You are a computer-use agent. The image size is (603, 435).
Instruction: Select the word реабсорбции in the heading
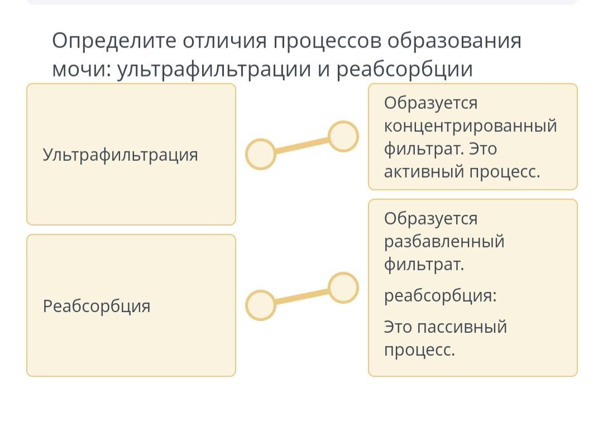(x=404, y=69)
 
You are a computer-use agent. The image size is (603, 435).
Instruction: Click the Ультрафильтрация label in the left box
(x=121, y=155)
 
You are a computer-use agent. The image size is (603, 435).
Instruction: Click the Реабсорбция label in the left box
(x=97, y=306)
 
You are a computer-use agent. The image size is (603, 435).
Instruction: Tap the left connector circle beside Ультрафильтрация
(x=261, y=154)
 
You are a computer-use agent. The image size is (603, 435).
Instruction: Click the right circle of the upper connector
(x=343, y=136)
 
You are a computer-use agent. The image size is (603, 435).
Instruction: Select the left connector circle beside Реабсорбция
(x=261, y=305)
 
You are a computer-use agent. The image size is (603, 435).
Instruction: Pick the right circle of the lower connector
(x=343, y=288)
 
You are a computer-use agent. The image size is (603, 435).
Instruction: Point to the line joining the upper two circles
(x=301, y=145)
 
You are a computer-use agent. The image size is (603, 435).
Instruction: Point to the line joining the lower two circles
(x=301, y=297)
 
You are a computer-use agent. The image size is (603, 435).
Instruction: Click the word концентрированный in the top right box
(x=470, y=126)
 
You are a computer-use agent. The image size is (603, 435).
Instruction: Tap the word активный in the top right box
(x=424, y=172)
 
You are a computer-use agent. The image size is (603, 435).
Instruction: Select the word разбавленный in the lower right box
(x=444, y=242)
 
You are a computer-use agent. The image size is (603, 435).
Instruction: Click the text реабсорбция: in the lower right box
(x=440, y=295)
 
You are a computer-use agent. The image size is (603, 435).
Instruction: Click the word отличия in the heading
(x=225, y=41)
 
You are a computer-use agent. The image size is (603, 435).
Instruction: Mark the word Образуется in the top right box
(x=430, y=103)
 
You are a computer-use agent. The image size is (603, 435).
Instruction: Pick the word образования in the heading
(x=454, y=41)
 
